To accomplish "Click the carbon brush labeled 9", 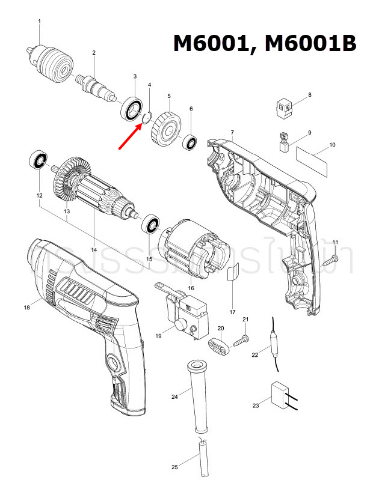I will coord(283,141).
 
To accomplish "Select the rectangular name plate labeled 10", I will coord(313,160).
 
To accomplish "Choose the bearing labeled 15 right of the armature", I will coord(151,226).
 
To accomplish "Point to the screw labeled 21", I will coord(241,339).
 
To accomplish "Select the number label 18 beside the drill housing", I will coord(26,307).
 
